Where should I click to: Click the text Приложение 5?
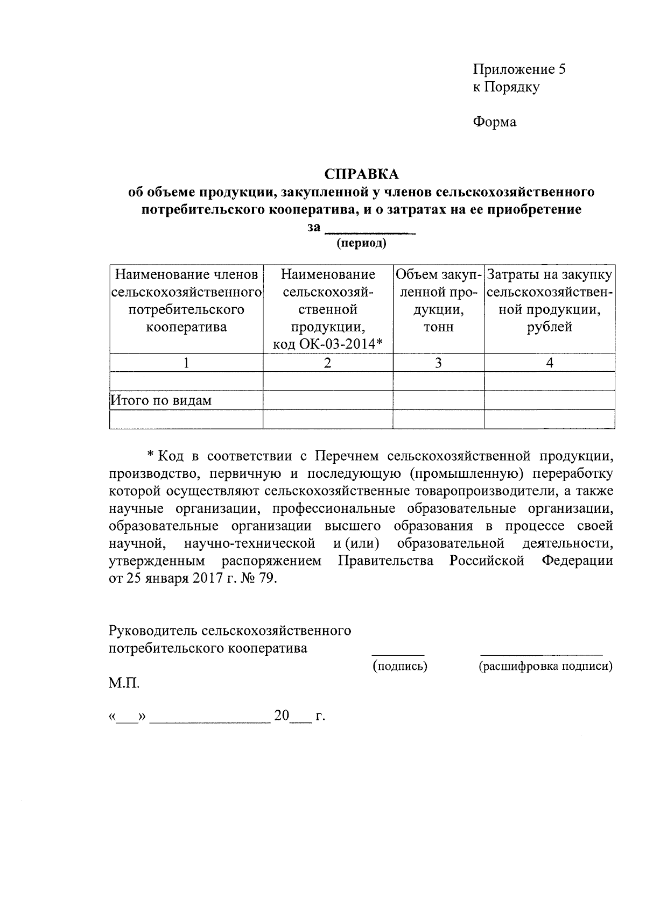point(519,69)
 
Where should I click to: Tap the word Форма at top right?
point(494,122)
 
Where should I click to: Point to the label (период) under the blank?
point(361,243)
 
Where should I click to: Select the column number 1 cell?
point(186,363)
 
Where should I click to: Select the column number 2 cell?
point(328,363)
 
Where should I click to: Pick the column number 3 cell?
point(438,363)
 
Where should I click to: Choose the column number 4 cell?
point(549,363)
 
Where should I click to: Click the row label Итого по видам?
point(161,400)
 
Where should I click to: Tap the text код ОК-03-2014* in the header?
point(328,344)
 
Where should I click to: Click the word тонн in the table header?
point(438,327)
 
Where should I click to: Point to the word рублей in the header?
point(549,327)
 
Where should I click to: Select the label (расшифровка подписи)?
point(545,666)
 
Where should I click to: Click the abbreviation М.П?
point(124,684)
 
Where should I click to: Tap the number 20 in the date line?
point(282,716)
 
